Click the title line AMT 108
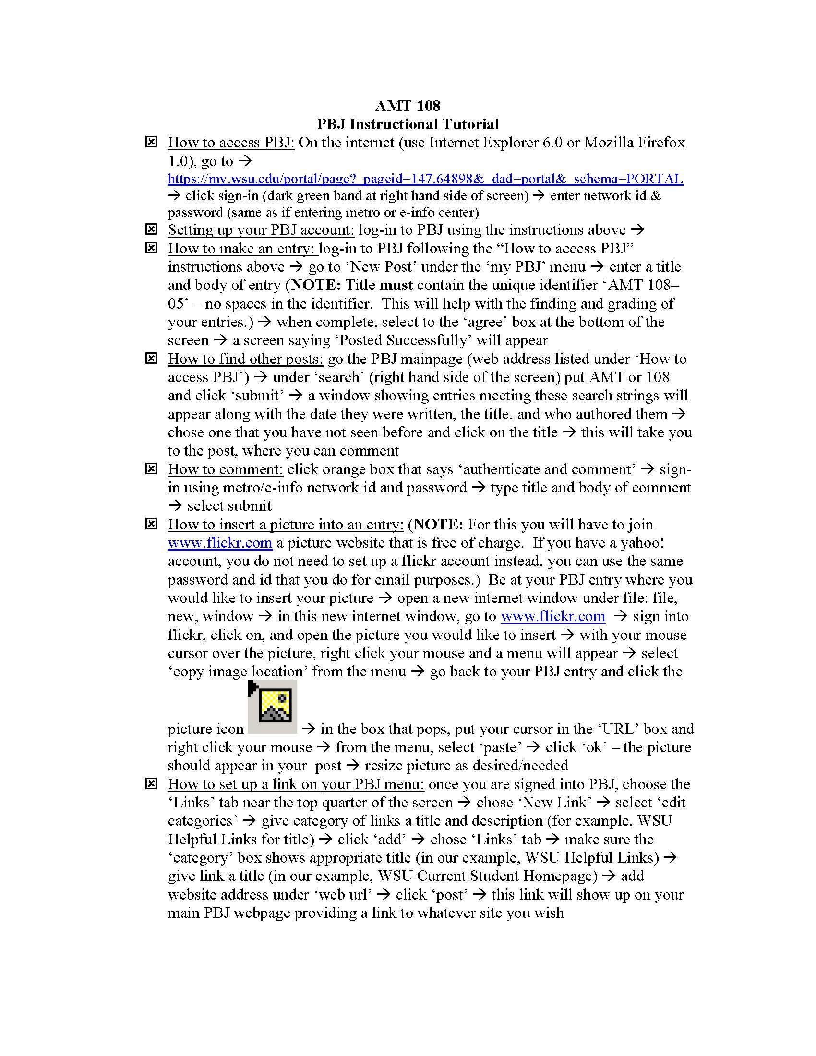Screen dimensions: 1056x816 click(x=408, y=106)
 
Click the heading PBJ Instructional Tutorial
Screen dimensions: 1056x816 click(x=408, y=124)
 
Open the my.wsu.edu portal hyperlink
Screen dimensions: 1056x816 click(x=425, y=179)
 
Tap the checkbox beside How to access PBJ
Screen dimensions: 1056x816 click(x=151, y=142)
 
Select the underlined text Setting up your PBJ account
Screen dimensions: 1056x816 click(x=261, y=229)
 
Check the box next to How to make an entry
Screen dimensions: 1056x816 click(x=151, y=248)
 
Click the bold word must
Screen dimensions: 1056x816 click(x=396, y=285)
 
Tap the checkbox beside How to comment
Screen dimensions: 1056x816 click(x=151, y=468)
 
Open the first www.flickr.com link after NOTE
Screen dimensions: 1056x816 click(x=220, y=542)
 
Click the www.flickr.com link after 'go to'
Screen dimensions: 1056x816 click(x=552, y=616)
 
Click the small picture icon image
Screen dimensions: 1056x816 click(x=273, y=707)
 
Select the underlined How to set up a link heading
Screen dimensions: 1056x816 click(x=296, y=784)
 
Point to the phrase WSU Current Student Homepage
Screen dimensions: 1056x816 click(x=487, y=876)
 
